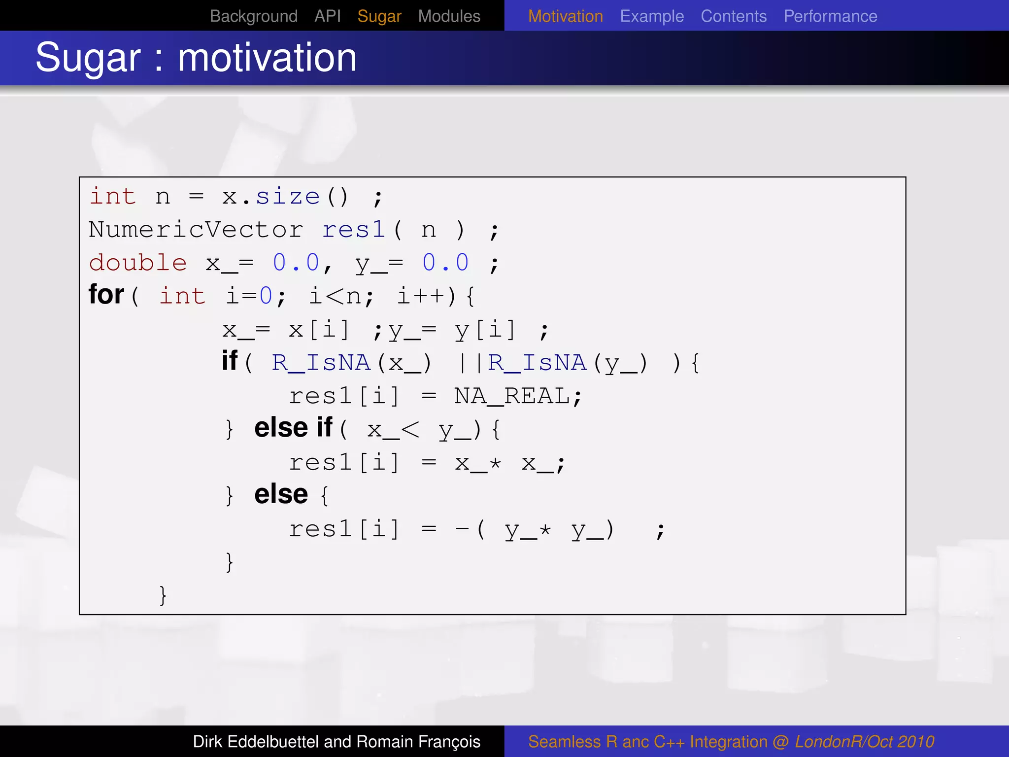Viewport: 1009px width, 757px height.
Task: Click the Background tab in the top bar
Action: click(253, 16)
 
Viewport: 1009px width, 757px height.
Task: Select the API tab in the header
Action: click(328, 16)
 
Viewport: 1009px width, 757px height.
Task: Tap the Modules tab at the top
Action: click(449, 16)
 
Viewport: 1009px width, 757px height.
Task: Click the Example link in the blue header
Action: click(652, 16)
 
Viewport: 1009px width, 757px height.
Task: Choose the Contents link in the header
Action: click(734, 16)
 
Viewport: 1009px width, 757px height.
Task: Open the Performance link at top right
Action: click(830, 16)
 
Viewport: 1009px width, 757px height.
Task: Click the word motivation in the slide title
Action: click(267, 58)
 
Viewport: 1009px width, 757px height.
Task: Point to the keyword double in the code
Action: click(138, 263)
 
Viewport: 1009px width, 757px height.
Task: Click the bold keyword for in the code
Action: click(106, 295)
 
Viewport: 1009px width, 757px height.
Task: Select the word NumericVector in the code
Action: click(196, 230)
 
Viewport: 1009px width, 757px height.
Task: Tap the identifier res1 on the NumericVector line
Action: click(353, 230)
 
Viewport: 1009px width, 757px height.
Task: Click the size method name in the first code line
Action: click(288, 197)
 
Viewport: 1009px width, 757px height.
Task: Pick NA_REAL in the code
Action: click(512, 396)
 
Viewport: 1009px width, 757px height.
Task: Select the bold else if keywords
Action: click(293, 427)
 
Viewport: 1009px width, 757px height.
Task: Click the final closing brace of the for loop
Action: click(163, 595)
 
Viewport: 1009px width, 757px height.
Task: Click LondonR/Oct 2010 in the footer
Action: click(864, 742)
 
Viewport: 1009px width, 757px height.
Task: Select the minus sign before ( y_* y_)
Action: click(462, 529)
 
